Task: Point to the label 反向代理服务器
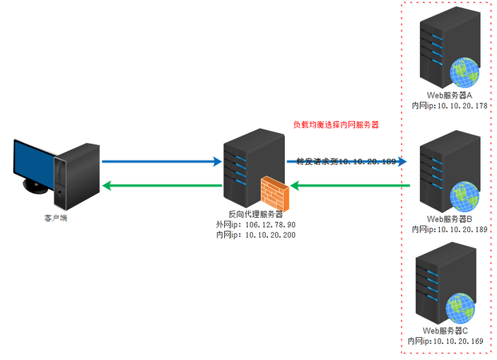click(x=255, y=214)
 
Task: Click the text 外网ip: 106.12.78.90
click(x=255, y=224)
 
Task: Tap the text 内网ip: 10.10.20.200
click(x=255, y=234)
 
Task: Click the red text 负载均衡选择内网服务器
click(x=336, y=124)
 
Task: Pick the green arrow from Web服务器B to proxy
click(x=351, y=186)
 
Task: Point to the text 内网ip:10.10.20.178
click(x=450, y=105)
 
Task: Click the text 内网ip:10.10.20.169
click(x=445, y=342)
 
